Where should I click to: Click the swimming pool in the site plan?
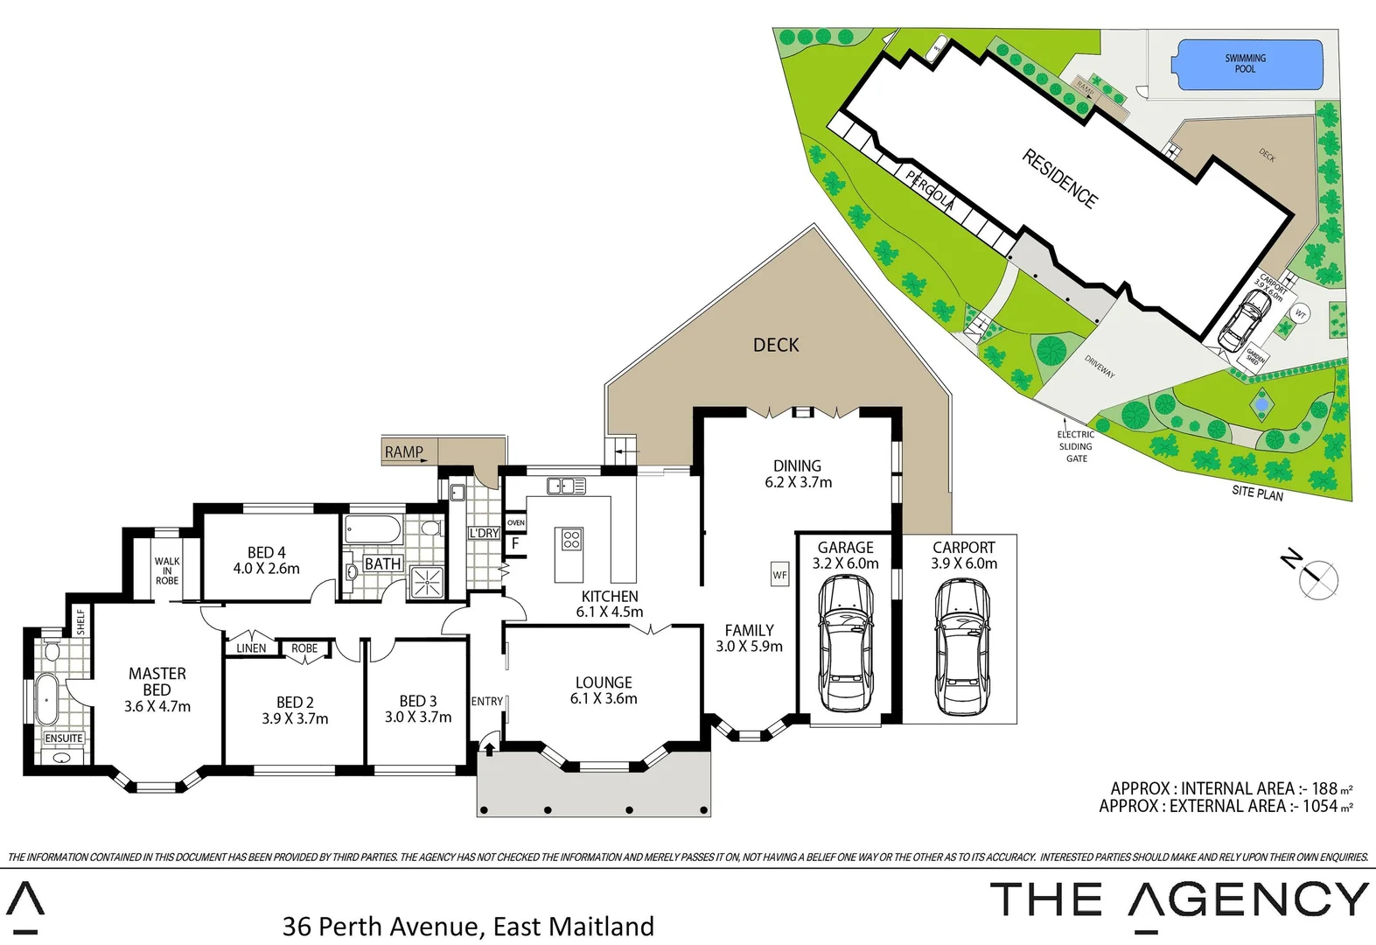(1248, 64)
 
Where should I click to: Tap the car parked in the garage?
(845, 646)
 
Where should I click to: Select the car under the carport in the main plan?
(961, 647)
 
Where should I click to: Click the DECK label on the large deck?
(776, 345)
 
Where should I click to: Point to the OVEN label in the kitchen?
(516, 523)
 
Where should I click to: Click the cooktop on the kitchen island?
(570, 539)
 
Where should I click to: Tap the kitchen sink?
(566, 486)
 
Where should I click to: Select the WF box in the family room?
(779, 575)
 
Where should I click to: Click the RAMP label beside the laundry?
(403, 451)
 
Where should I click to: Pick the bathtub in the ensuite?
(45, 698)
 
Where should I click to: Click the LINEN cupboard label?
(251, 648)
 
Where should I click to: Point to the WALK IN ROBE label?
(166, 570)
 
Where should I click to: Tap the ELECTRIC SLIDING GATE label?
(1076, 446)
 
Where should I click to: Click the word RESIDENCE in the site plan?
(1059, 179)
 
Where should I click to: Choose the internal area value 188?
(1324, 788)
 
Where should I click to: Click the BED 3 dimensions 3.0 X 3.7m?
(418, 717)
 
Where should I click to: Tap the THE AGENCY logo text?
(1178, 900)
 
